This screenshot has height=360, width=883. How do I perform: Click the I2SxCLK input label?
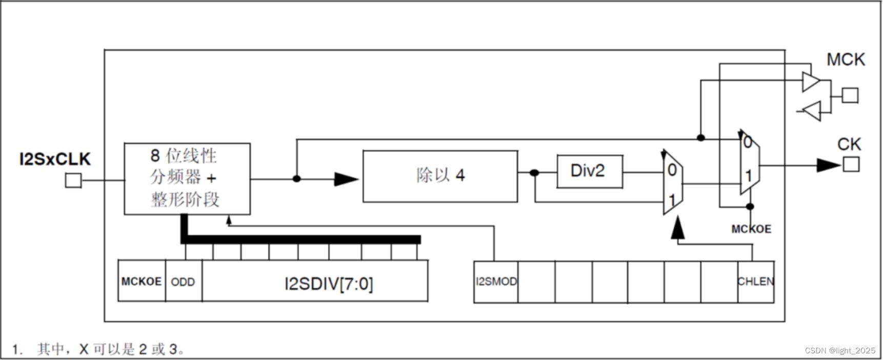tap(55, 159)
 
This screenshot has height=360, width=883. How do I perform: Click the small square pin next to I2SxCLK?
tap(73, 181)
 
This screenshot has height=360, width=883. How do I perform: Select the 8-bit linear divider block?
tap(187, 178)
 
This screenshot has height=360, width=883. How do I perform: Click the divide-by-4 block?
tap(440, 176)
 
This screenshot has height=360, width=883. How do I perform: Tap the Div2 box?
tap(590, 171)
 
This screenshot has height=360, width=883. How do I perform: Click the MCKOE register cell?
tap(142, 282)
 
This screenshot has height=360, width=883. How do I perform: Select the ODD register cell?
tap(183, 282)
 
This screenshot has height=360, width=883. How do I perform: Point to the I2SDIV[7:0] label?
tap(329, 284)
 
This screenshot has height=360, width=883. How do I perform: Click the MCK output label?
tap(846, 59)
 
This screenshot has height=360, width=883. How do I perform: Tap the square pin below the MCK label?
tap(850, 95)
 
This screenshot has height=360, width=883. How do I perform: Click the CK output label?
tap(849, 144)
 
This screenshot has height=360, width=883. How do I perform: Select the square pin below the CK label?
tap(851, 165)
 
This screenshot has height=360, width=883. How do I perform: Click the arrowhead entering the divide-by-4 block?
tap(346, 179)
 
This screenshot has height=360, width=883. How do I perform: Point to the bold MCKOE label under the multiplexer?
tap(751, 229)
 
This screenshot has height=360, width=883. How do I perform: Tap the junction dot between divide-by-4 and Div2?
tap(534, 173)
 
